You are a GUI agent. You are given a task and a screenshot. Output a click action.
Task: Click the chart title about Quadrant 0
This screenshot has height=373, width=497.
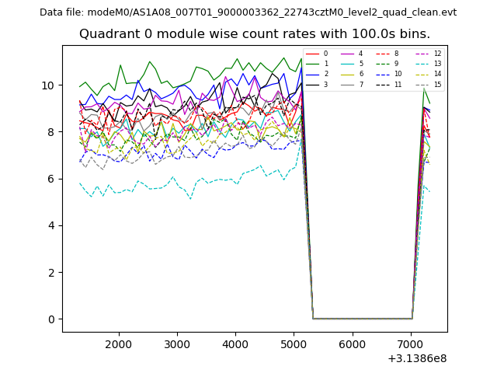(254, 34)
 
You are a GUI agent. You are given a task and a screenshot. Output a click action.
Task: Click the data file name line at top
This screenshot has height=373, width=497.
(248, 12)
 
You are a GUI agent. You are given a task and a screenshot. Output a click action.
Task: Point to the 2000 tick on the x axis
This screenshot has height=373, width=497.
(119, 344)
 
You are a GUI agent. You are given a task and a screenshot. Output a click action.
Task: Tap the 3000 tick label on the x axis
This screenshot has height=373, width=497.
(177, 344)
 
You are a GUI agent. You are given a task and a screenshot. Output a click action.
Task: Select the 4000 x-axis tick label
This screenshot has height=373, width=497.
(235, 344)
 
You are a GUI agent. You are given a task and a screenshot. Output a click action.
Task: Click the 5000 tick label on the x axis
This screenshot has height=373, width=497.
(294, 344)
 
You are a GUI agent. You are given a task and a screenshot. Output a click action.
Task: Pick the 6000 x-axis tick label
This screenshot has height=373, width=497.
(353, 344)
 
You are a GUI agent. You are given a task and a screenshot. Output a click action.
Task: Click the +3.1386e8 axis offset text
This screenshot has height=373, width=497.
(417, 358)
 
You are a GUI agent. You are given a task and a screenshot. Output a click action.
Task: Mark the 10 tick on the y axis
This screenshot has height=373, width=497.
(49, 85)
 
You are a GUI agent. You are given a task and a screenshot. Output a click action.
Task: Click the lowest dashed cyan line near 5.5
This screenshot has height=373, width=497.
(155, 187)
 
